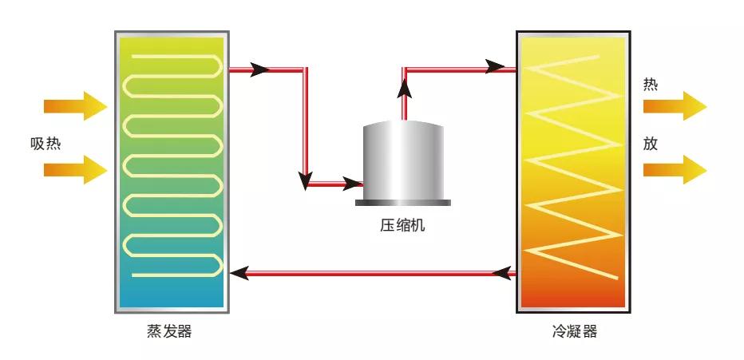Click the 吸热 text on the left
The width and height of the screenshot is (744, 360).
(x=46, y=144)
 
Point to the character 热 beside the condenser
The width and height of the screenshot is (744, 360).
(x=651, y=85)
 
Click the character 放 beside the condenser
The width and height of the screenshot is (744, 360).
(x=651, y=144)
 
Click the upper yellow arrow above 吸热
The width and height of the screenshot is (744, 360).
(x=75, y=105)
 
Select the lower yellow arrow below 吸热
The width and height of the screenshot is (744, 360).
(x=75, y=169)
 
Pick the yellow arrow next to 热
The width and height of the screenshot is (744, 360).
(x=675, y=105)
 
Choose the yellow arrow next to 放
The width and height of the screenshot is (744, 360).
(x=675, y=169)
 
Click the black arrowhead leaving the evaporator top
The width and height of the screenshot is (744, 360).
(x=260, y=69)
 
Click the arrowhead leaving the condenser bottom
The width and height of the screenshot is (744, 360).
(x=502, y=274)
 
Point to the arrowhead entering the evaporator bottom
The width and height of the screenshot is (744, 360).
(x=238, y=274)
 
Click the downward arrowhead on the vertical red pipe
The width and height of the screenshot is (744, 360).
(x=305, y=180)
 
